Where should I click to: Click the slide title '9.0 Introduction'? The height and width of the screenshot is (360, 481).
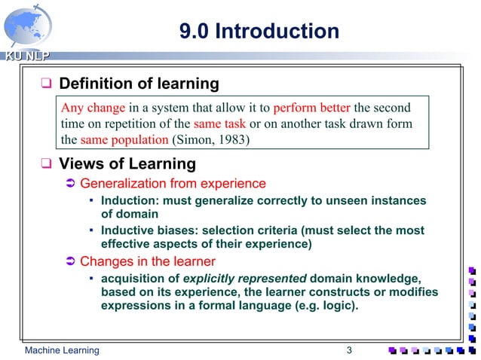[x=259, y=31]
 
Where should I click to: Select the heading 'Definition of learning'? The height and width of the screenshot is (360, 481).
[x=139, y=83]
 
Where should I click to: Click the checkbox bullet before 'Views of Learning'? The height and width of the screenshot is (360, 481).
[x=46, y=164]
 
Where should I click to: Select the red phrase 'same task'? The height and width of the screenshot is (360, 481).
[x=214, y=124]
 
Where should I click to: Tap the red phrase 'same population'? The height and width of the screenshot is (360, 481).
[x=124, y=140]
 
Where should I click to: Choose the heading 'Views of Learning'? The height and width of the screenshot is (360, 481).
[x=127, y=163]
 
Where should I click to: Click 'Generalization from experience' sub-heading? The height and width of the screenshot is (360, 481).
[x=173, y=183]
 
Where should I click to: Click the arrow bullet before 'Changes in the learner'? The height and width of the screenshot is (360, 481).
[x=68, y=262]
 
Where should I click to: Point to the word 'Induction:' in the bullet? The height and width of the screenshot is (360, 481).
[x=129, y=201]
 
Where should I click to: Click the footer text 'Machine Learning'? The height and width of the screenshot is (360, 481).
[x=61, y=350]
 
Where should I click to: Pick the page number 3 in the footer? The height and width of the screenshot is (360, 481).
[x=349, y=350]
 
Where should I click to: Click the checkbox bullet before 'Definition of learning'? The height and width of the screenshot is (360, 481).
[x=46, y=84]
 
